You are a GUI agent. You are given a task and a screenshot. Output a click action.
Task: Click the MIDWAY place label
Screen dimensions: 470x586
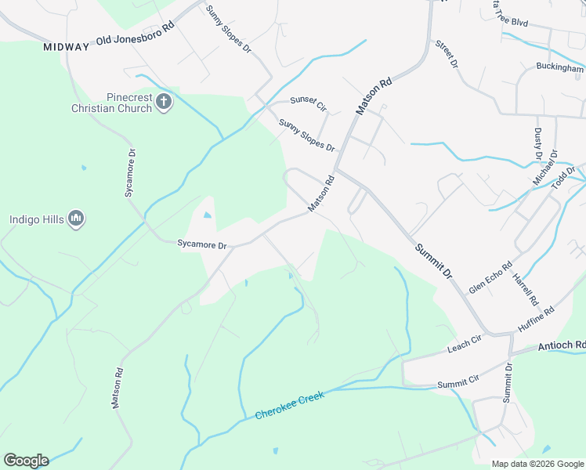[x=67, y=47]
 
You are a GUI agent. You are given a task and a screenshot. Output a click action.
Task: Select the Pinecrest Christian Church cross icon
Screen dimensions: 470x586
[x=164, y=101]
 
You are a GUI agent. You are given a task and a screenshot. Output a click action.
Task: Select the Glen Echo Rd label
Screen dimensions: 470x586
[x=490, y=277]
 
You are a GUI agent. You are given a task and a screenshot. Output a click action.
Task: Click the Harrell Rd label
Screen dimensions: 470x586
[x=526, y=288]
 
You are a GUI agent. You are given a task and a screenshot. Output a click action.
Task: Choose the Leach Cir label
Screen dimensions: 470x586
[x=464, y=344]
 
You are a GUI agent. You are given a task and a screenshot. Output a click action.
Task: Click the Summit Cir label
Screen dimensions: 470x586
[x=458, y=383]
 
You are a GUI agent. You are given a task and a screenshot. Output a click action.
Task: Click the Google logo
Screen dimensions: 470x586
[x=26, y=461]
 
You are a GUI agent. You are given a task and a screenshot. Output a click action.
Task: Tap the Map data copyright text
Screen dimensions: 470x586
[x=537, y=464]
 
